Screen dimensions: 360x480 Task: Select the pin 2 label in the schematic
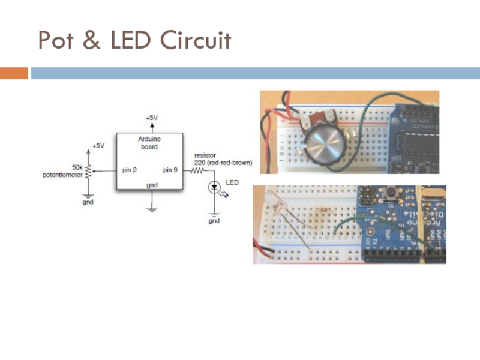[x=130, y=170]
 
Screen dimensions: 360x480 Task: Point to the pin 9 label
[x=170, y=170]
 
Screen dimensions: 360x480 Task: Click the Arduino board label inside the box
[x=149, y=143]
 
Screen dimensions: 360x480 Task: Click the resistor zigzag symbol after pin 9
[x=199, y=170]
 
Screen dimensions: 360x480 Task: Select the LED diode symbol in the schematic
[x=214, y=188]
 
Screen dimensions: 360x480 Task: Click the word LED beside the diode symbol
[x=232, y=182]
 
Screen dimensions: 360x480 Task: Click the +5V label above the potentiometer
[x=98, y=146]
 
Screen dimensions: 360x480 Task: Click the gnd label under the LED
[x=214, y=221]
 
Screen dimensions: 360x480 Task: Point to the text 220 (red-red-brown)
[x=223, y=163]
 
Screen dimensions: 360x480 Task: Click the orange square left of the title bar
[x=14, y=73]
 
